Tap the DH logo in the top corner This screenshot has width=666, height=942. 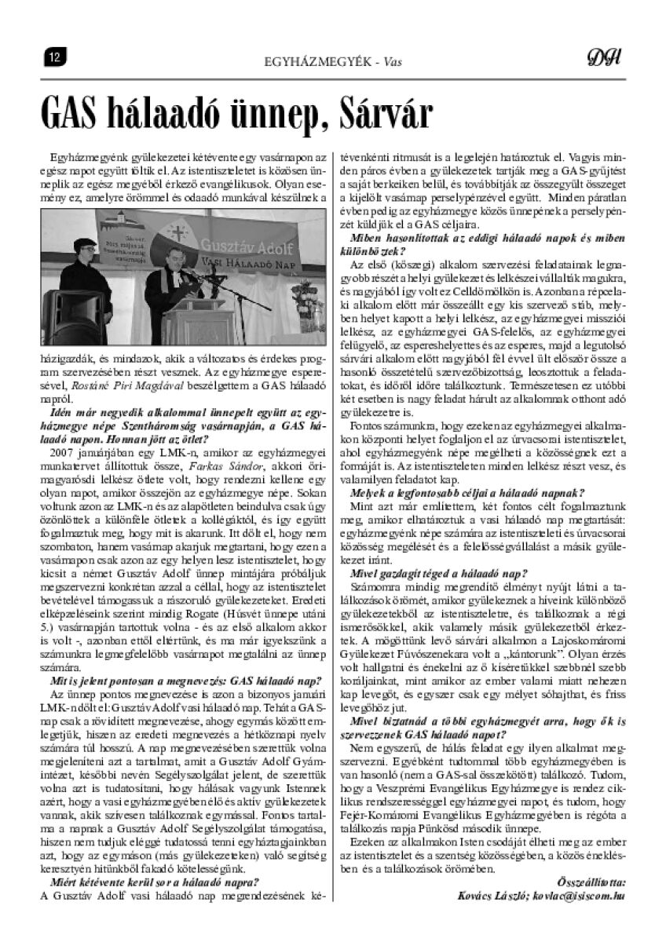(x=604, y=57)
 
